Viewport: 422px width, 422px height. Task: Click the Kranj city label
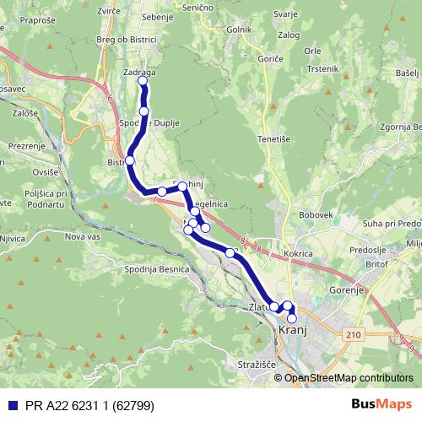coord(291,333)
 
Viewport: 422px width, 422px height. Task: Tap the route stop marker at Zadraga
coord(143,82)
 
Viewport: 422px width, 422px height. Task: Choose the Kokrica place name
coord(299,253)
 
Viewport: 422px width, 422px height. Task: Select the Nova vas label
coord(83,237)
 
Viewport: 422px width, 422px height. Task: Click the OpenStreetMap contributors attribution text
coord(348,378)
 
